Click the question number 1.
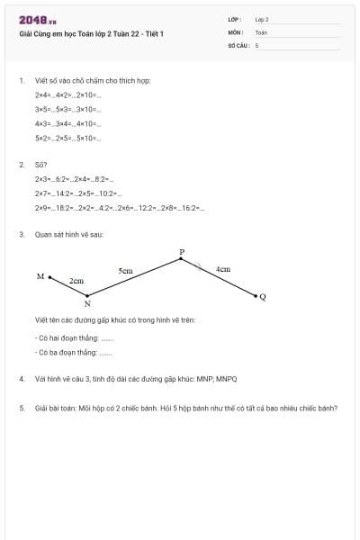tap(21, 80)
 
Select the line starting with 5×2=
tap(68, 138)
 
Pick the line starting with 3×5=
tap(68, 109)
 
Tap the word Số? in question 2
tap(41, 166)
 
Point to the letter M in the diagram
tap(40, 276)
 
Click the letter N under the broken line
tap(87, 304)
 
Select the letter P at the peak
tap(181, 252)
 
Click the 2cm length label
tap(76, 281)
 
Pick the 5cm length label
tap(125, 270)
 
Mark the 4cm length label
tap(223, 268)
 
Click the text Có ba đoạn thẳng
tap(67, 353)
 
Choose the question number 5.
tap(21, 408)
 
